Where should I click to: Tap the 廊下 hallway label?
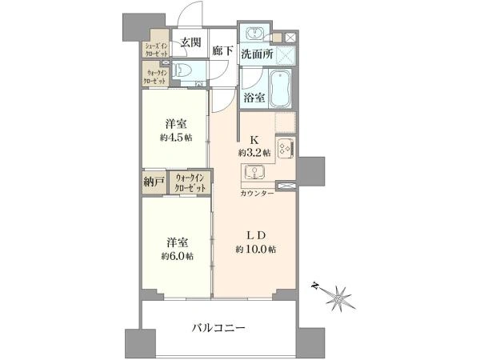click(222, 50)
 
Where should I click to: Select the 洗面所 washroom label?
click(257, 54)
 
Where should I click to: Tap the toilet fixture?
click(182, 70)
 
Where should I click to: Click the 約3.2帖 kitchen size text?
click(254, 152)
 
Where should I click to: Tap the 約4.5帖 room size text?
click(176, 137)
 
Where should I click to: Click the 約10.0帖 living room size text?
click(256, 250)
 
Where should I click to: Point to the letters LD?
click(256, 234)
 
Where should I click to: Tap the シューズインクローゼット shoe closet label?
click(154, 50)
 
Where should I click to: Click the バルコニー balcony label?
click(218, 328)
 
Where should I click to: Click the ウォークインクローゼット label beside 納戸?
click(190, 182)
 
